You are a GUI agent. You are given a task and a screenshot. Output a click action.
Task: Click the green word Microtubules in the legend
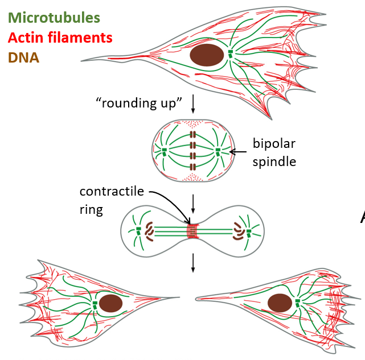54,18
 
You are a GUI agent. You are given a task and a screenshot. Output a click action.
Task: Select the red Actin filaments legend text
59,38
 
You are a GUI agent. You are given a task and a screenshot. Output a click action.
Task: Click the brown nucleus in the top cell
206,56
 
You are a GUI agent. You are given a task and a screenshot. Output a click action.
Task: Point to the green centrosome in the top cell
231,53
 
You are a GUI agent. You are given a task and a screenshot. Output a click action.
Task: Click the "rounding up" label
139,103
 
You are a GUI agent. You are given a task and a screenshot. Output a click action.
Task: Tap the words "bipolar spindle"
275,152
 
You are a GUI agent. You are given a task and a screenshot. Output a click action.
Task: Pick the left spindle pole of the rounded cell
164,151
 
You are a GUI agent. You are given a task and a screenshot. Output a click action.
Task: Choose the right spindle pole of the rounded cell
217,151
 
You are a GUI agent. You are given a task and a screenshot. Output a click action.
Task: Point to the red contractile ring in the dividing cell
193,231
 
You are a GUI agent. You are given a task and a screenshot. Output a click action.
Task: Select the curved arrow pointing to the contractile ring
171,202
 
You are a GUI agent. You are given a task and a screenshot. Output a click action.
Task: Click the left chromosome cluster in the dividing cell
150,231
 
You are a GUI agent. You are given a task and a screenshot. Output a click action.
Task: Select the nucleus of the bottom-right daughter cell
280,303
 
